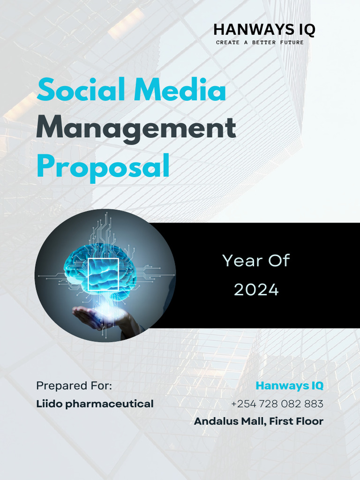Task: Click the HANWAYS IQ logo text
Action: point(264,30)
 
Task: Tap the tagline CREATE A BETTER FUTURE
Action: point(260,43)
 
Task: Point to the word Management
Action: point(136,127)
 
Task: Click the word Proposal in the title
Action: point(103,166)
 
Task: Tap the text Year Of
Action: point(256,261)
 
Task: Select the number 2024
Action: point(256,290)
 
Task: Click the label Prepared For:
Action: point(74,386)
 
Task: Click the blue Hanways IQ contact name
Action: point(289,386)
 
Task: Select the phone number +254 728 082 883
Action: point(277,404)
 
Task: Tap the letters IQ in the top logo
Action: point(307,30)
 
